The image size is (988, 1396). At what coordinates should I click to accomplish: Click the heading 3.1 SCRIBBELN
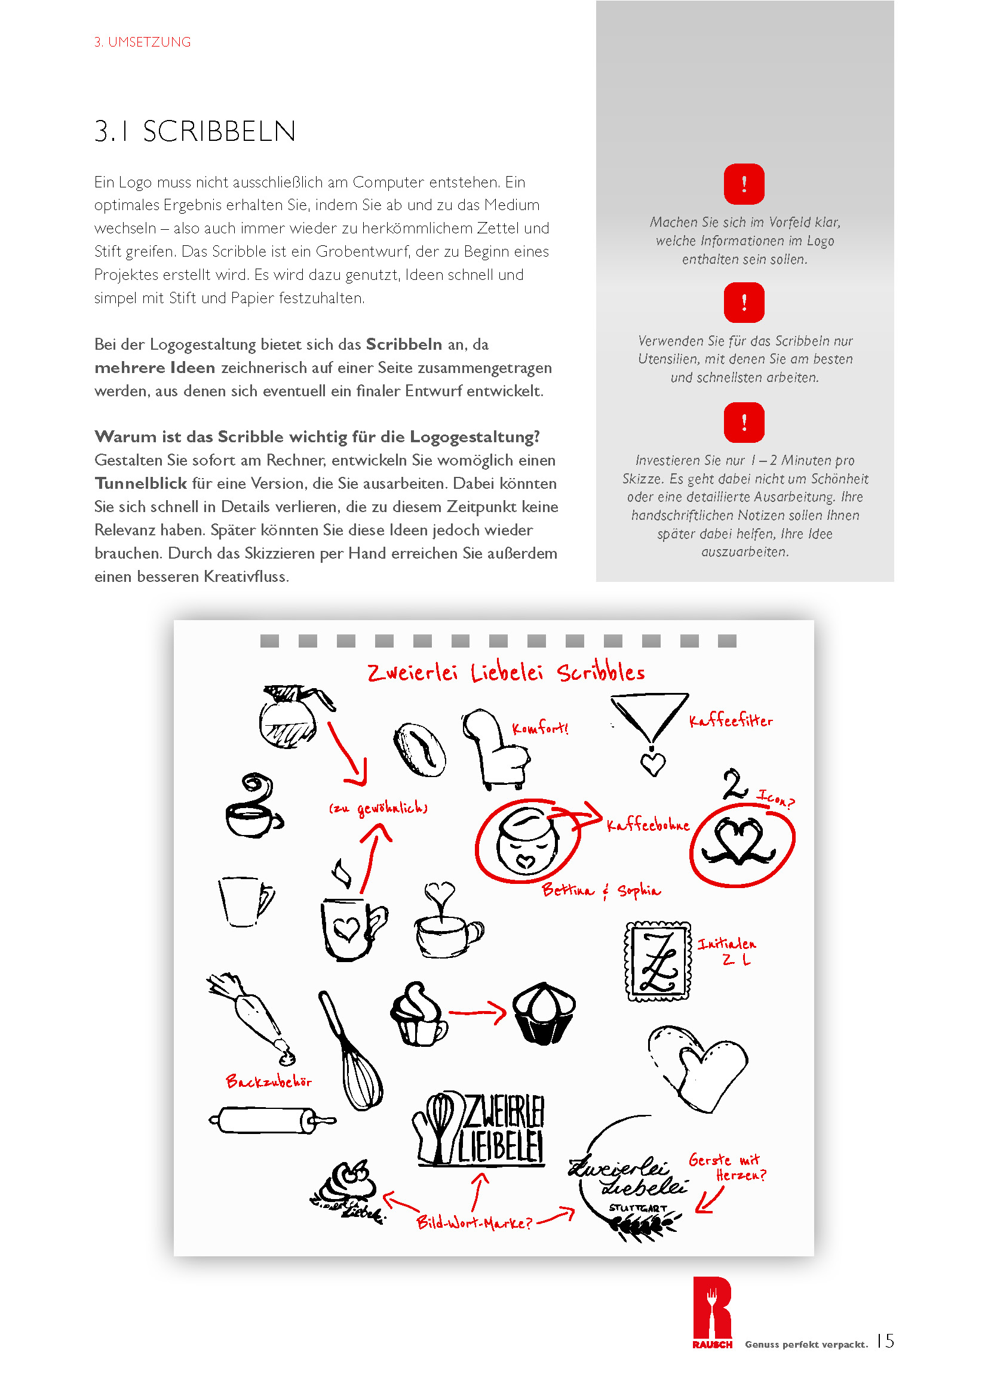(x=195, y=131)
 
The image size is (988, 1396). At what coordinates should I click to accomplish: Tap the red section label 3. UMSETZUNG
(x=142, y=42)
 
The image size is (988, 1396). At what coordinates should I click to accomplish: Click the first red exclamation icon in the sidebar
(x=744, y=184)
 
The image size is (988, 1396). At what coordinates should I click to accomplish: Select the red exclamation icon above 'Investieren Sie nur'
(x=744, y=422)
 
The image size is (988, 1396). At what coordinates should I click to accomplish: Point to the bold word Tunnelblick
(x=140, y=483)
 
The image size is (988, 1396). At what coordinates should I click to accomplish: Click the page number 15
(x=885, y=1340)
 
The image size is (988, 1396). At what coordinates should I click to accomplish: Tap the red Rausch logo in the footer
(x=712, y=1312)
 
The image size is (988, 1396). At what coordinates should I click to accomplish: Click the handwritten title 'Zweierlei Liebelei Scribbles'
(x=505, y=673)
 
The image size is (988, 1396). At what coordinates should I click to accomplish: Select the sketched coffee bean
(x=419, y=749)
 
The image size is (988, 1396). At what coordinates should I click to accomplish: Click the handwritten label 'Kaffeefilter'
(x=731, y=721)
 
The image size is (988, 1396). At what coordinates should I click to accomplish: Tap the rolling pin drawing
(x=271, y=1119)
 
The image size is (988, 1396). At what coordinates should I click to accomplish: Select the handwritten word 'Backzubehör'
(x=268, y=1081)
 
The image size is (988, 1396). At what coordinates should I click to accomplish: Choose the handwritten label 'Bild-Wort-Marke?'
(x=474, y=1222)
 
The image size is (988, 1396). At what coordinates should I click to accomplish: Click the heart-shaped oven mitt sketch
(x=696, y=1066)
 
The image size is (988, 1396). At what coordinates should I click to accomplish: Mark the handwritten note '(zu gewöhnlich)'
(x=378, y=808)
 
